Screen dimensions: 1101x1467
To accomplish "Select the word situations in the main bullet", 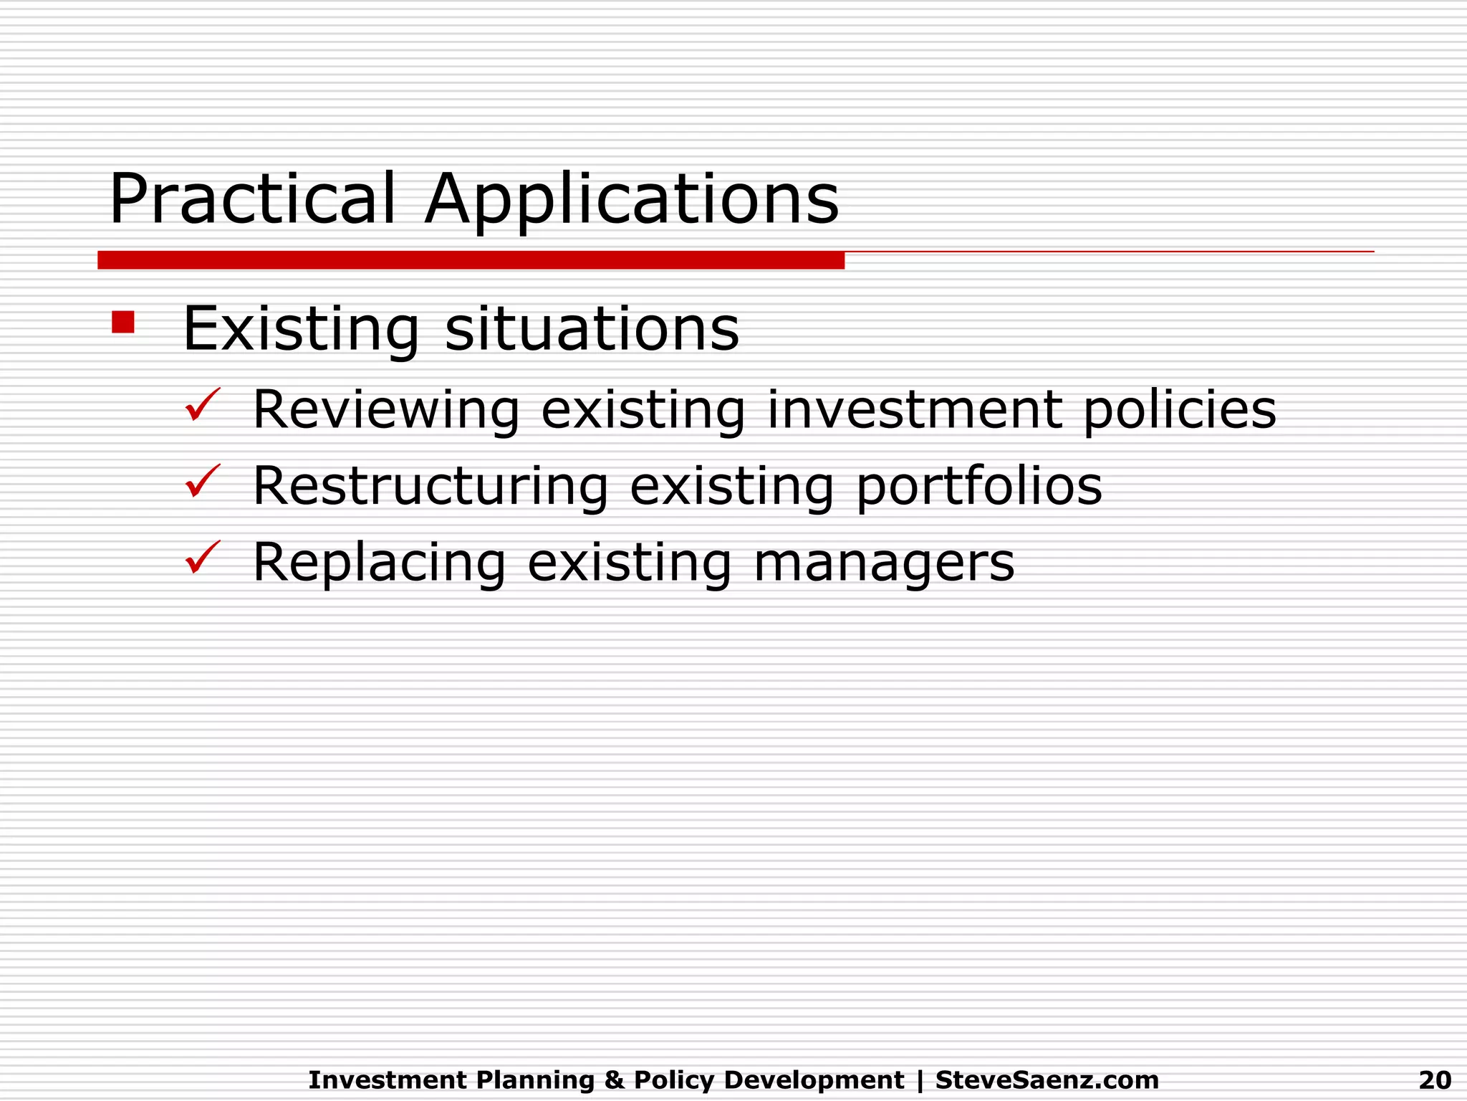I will pyautogui.click(x=592, y=329).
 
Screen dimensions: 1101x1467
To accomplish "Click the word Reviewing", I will pyautogui.click(x=386, y=410).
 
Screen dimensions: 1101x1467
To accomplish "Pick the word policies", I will pyautogui.click(x=1180, y=410).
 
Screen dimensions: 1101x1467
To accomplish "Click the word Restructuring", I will pyautogui.click(x=431, y=486).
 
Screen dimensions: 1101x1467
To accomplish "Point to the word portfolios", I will pyautogui.click(x=979, y=486).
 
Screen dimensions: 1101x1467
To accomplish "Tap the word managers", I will pyautogui.click(x=884, y=563).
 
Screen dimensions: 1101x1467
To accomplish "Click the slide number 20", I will pyautogui.click(x=1435, y=1079).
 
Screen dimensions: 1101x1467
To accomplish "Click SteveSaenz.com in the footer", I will pyautogui.click(x=1047, y=1079).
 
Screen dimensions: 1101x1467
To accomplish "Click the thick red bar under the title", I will pyautogui.click(x=471, y=260).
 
